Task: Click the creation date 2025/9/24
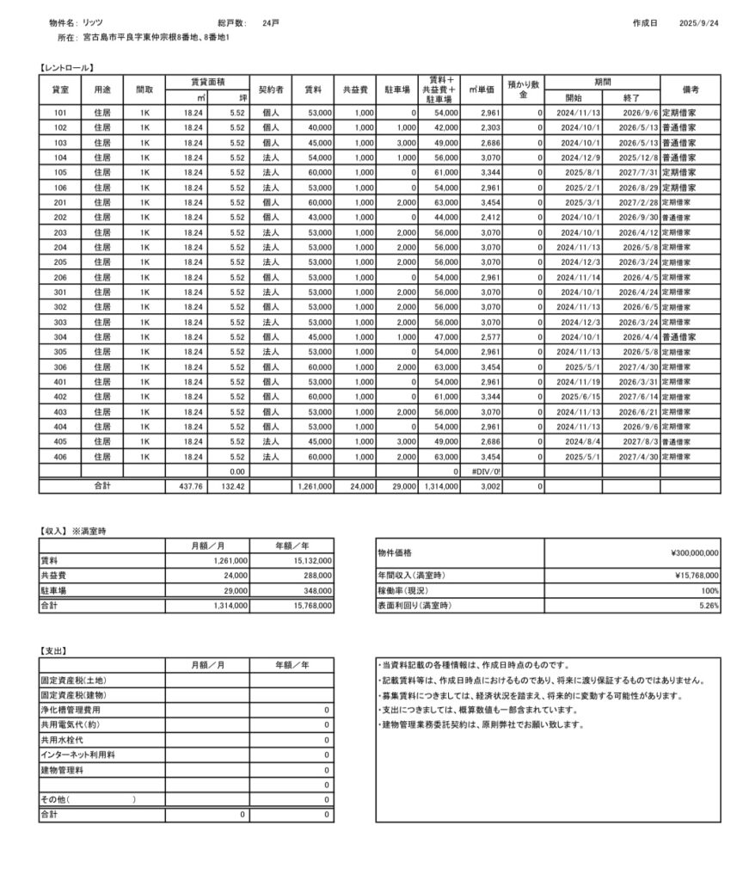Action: [698, 23]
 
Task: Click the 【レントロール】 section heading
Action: [66, 67]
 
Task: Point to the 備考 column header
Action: [691, 89]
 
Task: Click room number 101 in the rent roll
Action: [60, 113]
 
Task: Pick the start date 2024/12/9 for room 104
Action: [576, 157]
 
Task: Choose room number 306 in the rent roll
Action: [60, 367]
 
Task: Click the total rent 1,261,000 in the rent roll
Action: [314, 487]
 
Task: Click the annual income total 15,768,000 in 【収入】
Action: [310, 606]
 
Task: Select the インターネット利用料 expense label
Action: [78, 754]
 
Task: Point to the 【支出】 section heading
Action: [54, 651]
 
